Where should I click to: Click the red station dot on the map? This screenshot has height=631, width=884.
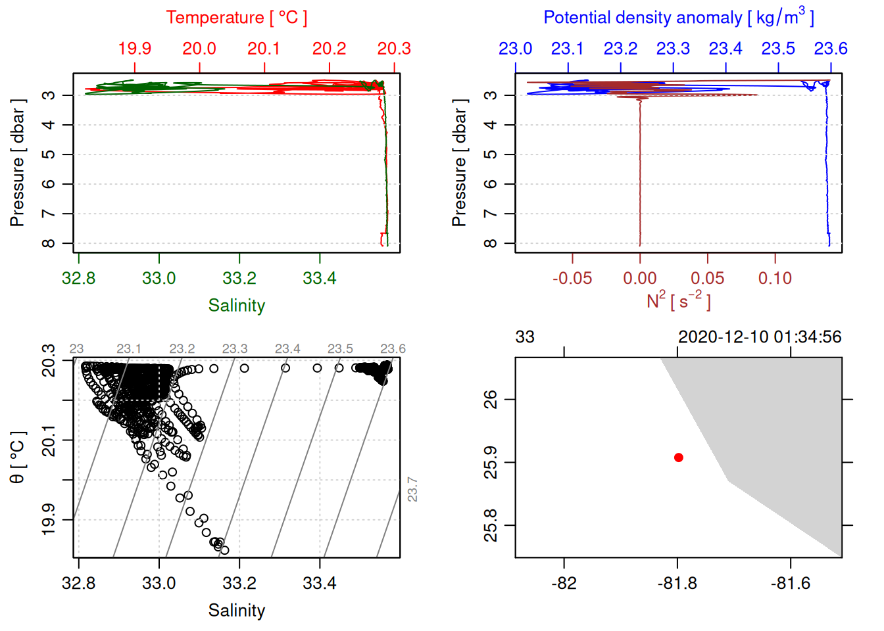(x=678, y=457)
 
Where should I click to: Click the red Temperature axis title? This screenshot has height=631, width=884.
(x=236, y=18)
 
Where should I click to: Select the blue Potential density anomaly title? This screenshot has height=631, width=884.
(x=678, y=18)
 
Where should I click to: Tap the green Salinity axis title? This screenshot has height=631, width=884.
(x=236, y=306)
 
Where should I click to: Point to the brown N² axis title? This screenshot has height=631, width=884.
(x=678, y=301)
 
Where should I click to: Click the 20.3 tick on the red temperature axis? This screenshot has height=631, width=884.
(x=394, y=49)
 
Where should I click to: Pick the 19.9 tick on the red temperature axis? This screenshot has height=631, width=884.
(x=135, y=49)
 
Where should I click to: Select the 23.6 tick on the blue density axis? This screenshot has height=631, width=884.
(x=831, y=49)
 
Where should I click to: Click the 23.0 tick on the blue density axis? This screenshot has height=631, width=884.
(x=515, y=49)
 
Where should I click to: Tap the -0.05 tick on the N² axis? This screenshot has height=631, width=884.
(x=572, y=279)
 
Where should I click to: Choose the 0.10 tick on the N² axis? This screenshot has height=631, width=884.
(x=775, y=279)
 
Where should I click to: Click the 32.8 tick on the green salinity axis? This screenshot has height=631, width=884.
(x=78, y=279)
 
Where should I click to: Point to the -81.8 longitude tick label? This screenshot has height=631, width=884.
(x=677, y=584)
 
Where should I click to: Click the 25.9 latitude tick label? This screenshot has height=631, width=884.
(x=491, y=462)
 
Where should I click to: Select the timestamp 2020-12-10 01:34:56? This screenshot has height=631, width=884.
(x=760, y=337)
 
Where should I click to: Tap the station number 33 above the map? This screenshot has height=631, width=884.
(x=525, y=337)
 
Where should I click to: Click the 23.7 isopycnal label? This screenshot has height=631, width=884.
(x=412, y=490)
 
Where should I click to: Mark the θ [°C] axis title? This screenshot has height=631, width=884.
(x=17, y=457)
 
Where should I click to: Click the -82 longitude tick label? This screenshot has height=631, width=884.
(x=564, y=584)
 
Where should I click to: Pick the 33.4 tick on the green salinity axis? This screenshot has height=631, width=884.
(x=320, y=279)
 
